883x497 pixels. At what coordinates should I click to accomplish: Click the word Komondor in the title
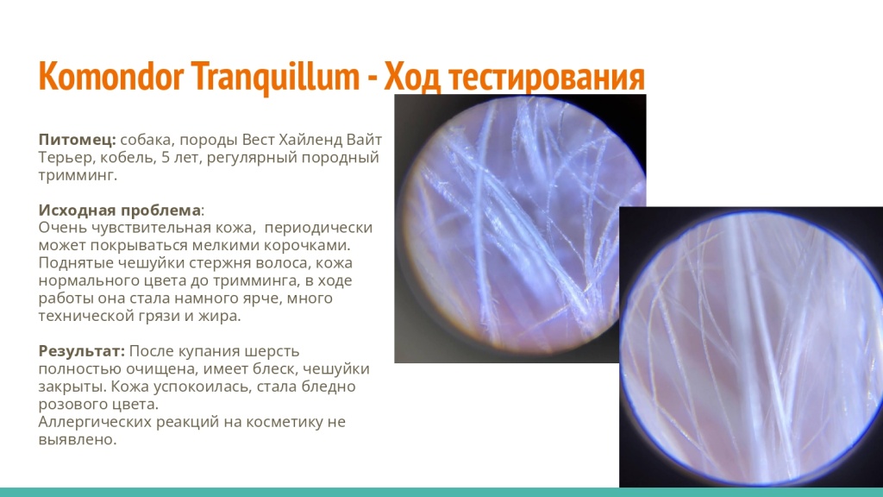(x=111, y=76)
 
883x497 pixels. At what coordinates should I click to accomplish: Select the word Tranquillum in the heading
(x=275, y=77)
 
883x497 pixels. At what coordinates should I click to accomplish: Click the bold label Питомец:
(x=77, y=139)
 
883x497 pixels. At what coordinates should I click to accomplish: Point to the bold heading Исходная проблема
(x=119, y=211)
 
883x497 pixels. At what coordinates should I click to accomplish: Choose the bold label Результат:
(x=82, y=351)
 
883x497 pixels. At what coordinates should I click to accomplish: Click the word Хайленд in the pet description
(x=310, y=139)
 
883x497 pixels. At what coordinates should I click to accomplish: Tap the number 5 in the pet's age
(x=165, y=157)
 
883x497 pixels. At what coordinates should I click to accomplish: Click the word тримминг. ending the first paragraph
(x=78, y=176)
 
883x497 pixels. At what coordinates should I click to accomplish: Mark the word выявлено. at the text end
(x=78, y=439)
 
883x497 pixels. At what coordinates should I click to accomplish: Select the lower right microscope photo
(x=751, y=347)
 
